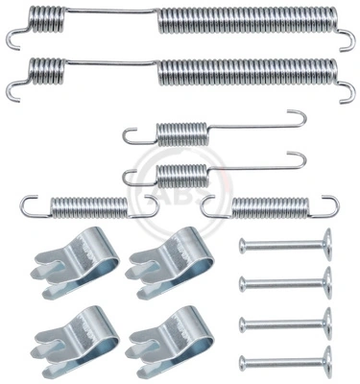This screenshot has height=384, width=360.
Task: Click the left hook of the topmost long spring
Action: coord(13,36)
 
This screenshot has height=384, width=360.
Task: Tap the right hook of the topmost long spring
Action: coord(348,37)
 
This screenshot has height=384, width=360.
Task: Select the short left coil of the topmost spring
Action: coord(47,18)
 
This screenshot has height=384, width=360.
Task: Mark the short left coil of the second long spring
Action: coord(47,70)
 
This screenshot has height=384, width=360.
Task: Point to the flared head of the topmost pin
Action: coord(325,243)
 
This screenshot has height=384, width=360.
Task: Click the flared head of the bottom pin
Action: coord(325,362)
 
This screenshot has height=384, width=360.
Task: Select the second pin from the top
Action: coord(283,282)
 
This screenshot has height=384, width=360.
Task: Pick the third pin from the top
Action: coord(283,322)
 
